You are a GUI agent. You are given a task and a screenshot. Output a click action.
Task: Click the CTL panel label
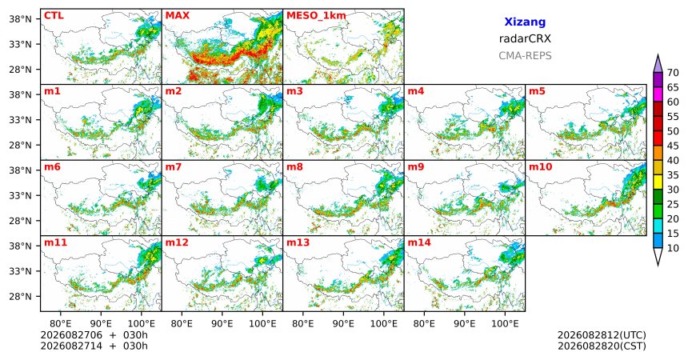[54, 16]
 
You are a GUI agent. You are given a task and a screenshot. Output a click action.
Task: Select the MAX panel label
[178, 16]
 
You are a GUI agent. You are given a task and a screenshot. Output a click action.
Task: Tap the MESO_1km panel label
[316, 16]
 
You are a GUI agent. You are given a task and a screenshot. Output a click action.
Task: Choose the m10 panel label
[540, 167]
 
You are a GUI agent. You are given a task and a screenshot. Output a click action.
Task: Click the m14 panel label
[419, 242]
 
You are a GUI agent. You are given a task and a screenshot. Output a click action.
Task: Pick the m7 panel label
[174, 167]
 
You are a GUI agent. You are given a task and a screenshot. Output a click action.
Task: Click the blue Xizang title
[525, 22]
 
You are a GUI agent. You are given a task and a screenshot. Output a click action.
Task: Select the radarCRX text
[525, 38]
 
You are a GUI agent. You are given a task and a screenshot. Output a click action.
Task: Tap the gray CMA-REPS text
[525, 56]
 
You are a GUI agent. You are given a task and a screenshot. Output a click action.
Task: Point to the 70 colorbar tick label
[673, 73]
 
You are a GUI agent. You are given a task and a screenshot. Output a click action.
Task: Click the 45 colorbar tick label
[673, 146]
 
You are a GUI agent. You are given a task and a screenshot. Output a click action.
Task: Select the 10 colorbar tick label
[673, 248]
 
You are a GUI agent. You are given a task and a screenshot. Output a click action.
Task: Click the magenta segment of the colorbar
[658, 94]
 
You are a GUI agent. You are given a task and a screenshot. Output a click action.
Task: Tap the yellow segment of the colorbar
[658, 182]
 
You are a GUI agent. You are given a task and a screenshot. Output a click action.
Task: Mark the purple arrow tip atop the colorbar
[658, 55]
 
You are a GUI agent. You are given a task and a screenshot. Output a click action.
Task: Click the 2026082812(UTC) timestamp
[602, 335]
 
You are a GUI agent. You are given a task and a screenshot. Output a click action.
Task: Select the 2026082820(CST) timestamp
[602, 346]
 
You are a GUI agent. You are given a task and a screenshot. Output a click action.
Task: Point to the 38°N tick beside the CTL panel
[21, 19]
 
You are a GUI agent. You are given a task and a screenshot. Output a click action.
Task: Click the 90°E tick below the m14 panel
[465, 324]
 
